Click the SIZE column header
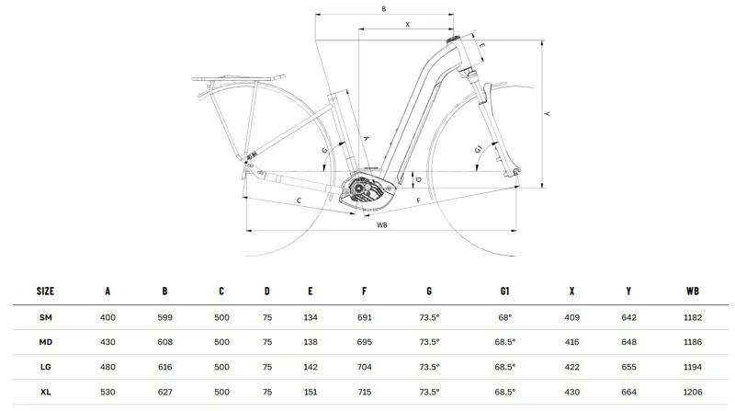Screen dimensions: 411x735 pos(45,291)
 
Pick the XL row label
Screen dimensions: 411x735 pos(45,391)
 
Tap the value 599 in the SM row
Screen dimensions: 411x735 pos(164,317)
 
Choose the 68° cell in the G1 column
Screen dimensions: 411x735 pos(504,317)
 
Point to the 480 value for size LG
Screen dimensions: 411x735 pos(107,366)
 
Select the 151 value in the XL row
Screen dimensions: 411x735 pos(311,391)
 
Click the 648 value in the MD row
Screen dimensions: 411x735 pos(628,341)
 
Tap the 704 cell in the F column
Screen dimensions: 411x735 pos(365,366)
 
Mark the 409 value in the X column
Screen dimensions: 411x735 pos(571,317)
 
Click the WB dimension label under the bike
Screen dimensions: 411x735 pos(382,223)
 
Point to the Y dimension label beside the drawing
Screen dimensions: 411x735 pos(547,114)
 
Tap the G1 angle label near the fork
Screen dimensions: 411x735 pos(479,149)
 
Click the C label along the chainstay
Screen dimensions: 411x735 pos(299,200)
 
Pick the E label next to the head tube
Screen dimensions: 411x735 pos(481,45)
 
